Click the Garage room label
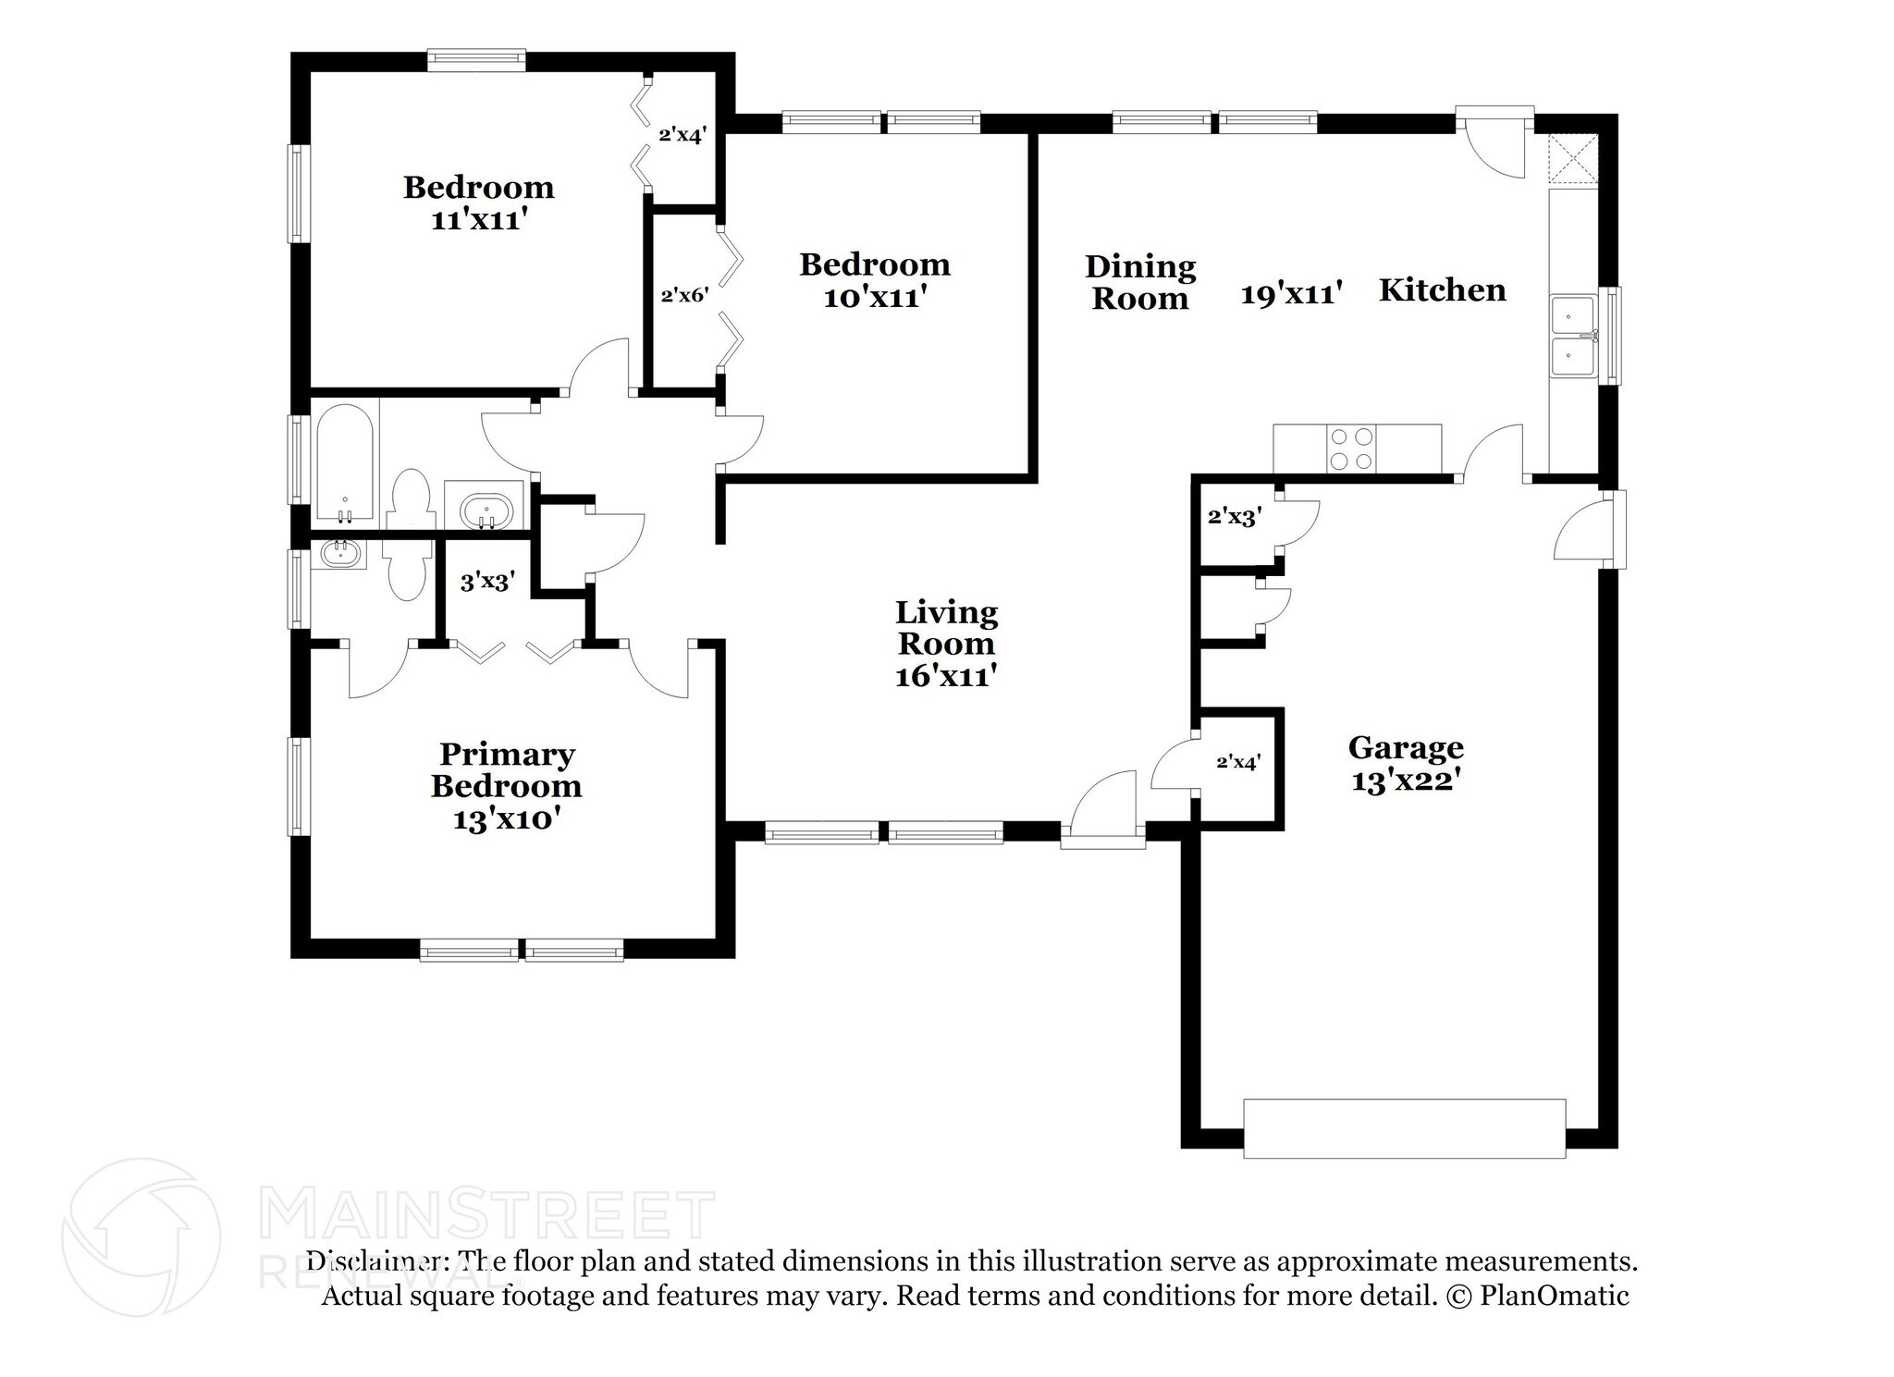(x=1405, y=747)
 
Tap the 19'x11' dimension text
(x=1291, y=295)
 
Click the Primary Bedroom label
(x=506, y=770)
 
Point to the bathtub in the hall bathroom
(x=345, y=462)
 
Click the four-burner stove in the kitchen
(x=1350, y=449)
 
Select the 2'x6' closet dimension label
(x=684, y=296)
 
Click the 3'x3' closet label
(x=487, y=582)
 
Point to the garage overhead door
(x=1404, y=1128)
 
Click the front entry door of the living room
(x=1102, y=814)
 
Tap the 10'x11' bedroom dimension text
(x=875, y=298)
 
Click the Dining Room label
(x=1139, y=282)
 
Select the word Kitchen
(x=1442, y=290)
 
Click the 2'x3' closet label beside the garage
(x=1235, y=517)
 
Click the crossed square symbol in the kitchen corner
(x=1573, y=158)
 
